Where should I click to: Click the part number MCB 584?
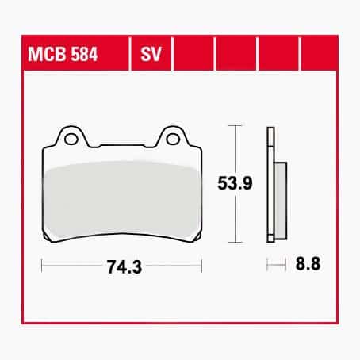tap(63, 54)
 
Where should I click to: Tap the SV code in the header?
tap(151, 54)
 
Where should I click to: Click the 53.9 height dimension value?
tap(235, 183)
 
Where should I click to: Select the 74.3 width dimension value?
tap(124, 266)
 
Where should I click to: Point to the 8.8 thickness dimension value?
tap(308, 263)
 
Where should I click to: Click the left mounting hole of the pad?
tap(71, 139)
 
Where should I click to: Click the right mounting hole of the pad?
tap(173, 139)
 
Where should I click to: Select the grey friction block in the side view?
tap(280, 201)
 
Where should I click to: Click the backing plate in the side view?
tap(270, 185)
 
